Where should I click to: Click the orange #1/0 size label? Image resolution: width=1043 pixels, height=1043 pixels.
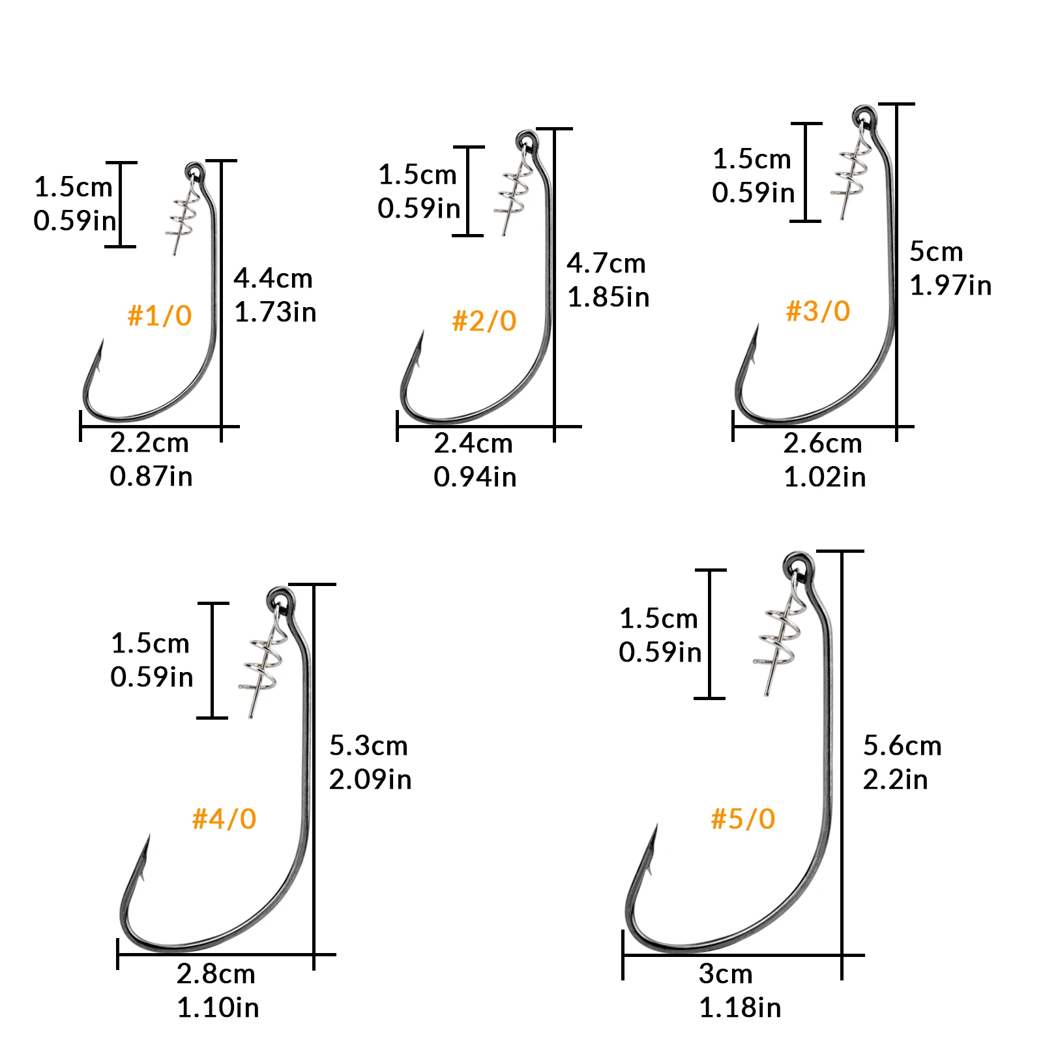(160, 316)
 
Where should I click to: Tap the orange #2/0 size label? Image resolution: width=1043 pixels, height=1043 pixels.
(484, 321)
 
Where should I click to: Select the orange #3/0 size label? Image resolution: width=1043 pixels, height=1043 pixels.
(818, 312)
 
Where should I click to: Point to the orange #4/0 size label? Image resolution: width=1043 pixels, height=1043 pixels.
(224, 819)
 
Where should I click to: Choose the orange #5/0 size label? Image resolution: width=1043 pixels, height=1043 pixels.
(743, 819)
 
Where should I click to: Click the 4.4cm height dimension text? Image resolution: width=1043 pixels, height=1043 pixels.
(273, 278)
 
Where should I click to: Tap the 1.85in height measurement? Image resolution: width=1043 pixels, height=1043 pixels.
(608, 297)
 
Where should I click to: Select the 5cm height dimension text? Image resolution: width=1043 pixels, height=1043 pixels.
(936, 252)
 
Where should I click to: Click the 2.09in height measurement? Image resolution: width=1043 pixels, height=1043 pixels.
(370, 780)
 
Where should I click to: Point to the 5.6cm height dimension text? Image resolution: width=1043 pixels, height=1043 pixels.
(903, 746)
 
